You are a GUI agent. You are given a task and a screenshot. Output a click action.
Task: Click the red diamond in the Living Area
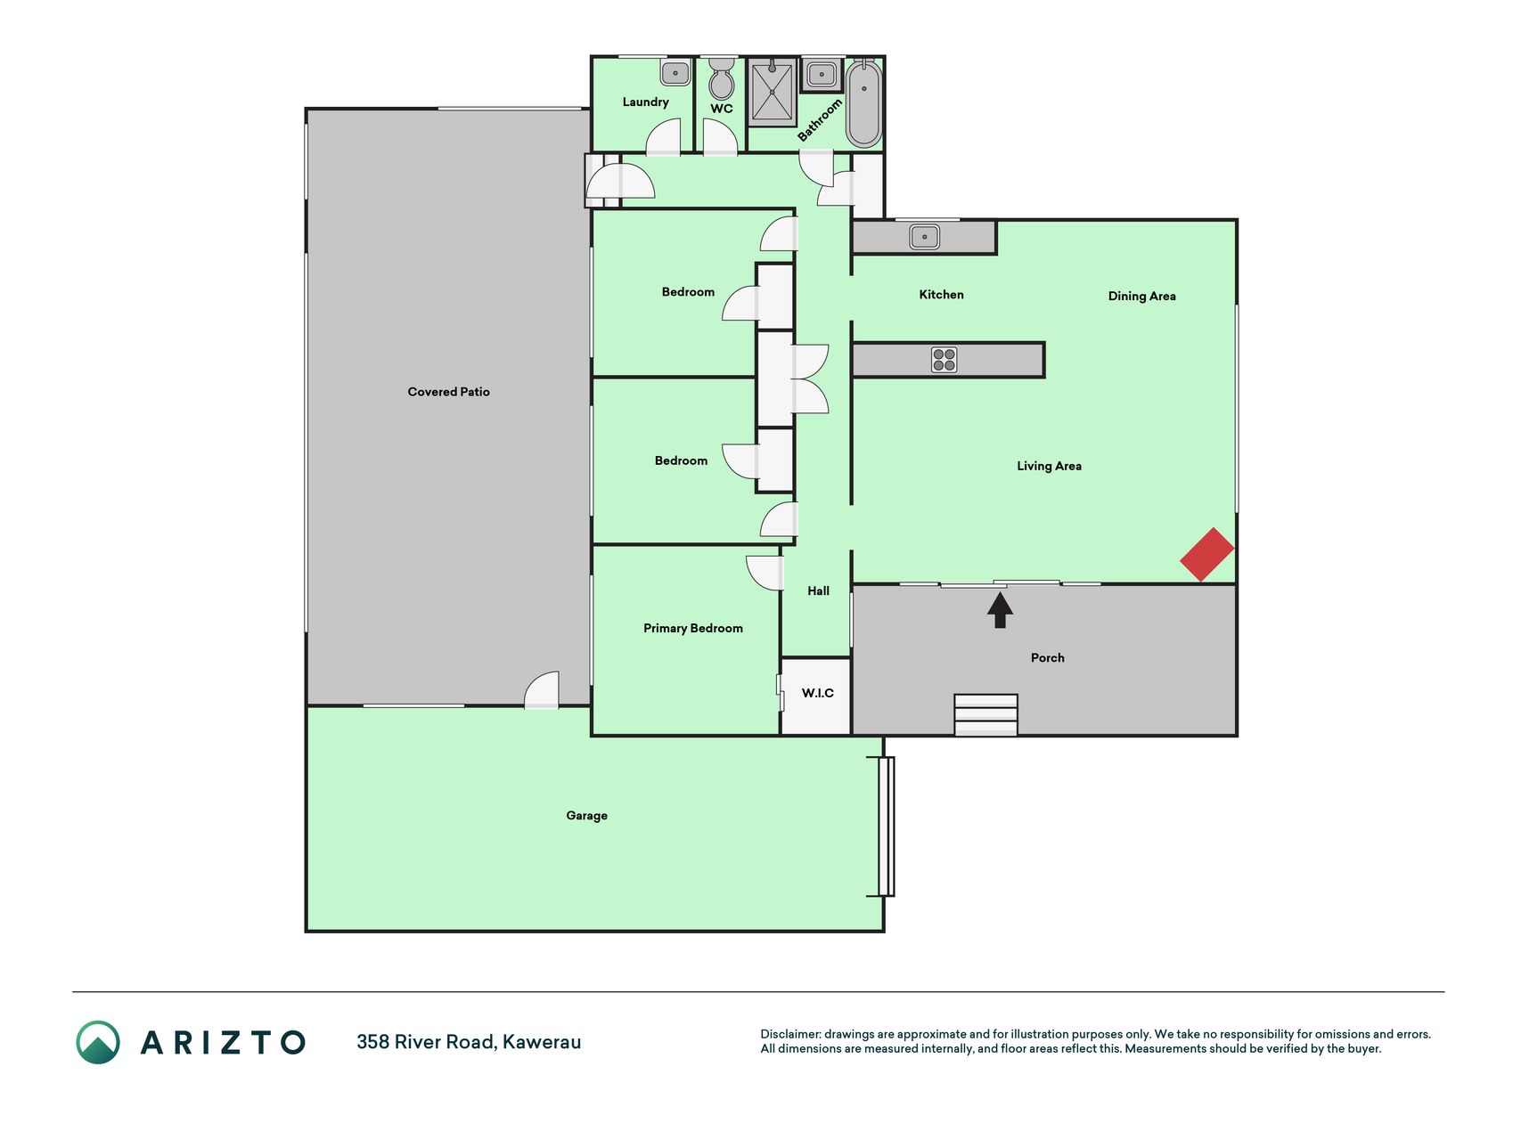(x=1207, y=554)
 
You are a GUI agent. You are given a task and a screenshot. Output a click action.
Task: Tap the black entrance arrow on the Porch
(x=1000, y=610)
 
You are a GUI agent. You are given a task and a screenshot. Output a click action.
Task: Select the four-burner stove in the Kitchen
(x=944, y=360)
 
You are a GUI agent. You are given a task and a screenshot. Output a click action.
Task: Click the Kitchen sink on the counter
(x=924, y=237)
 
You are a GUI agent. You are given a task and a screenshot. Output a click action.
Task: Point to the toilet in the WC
(x=721, y=78)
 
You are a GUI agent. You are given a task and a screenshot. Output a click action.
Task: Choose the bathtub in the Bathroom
(x=863, y=103)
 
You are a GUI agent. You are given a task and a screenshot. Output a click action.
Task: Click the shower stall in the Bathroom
(x=772, y=93)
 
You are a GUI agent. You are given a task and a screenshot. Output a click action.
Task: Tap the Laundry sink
(x=675, y=72)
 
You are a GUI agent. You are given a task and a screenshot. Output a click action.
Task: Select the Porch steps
(x=985, y=715)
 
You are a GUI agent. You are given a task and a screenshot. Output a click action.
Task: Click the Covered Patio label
(x=449, y=392)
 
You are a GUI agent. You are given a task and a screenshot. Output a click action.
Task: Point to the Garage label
(x=587, y=816)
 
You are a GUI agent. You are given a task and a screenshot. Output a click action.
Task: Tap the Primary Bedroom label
(x=693, y=629)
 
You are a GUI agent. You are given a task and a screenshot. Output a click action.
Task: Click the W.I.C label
(x=818, y=693)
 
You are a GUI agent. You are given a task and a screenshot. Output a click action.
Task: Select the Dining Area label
(x=1142, y=297)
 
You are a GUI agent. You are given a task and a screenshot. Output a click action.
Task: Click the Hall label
(x=818, y=590)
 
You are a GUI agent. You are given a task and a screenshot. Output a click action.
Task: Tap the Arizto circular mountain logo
(x=98, y=1042)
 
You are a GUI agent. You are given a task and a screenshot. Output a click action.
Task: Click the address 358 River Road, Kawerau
(x=469, y=1042)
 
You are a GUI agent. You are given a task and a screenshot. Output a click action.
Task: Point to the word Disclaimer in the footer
(x=790, y=1034)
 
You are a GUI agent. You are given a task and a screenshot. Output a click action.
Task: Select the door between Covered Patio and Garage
(x=541, y=691)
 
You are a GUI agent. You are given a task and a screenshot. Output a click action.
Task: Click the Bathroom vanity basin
(x=821, y=74)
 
